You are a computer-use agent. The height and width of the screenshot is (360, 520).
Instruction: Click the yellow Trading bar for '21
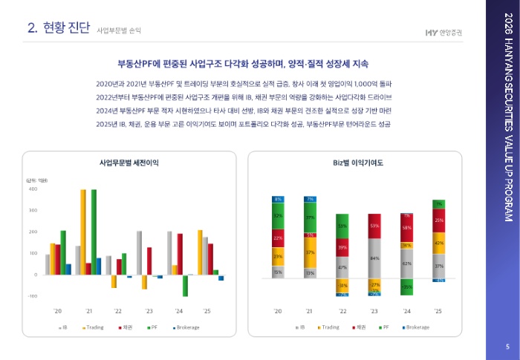(x=83, y=232)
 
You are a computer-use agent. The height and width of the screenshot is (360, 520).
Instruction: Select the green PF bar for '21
(x=94, y=232)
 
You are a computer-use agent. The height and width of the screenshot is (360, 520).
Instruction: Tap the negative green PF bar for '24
(x=185, y=286)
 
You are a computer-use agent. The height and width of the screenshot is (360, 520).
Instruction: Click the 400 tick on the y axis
(x=33, y=189)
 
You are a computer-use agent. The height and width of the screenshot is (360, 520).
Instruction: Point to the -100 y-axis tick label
(x=32, y=296)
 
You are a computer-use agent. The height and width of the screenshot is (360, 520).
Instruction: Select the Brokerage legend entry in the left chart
(x=188, y=327)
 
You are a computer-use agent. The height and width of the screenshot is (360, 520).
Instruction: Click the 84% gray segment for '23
(x=374, y=258)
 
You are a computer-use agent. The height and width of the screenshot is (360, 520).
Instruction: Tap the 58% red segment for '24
(x=407, y=227)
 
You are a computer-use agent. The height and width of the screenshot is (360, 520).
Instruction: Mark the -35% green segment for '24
(x=407, y=286)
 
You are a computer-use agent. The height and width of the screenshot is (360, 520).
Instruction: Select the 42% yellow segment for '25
(x=439, y=243)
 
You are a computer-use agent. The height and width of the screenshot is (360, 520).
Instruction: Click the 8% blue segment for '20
(x=278, y=199)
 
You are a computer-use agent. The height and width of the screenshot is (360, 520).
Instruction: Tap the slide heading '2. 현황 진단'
(x=59, y=28)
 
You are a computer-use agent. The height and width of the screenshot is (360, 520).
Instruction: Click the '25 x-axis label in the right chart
(x=439, y=311)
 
